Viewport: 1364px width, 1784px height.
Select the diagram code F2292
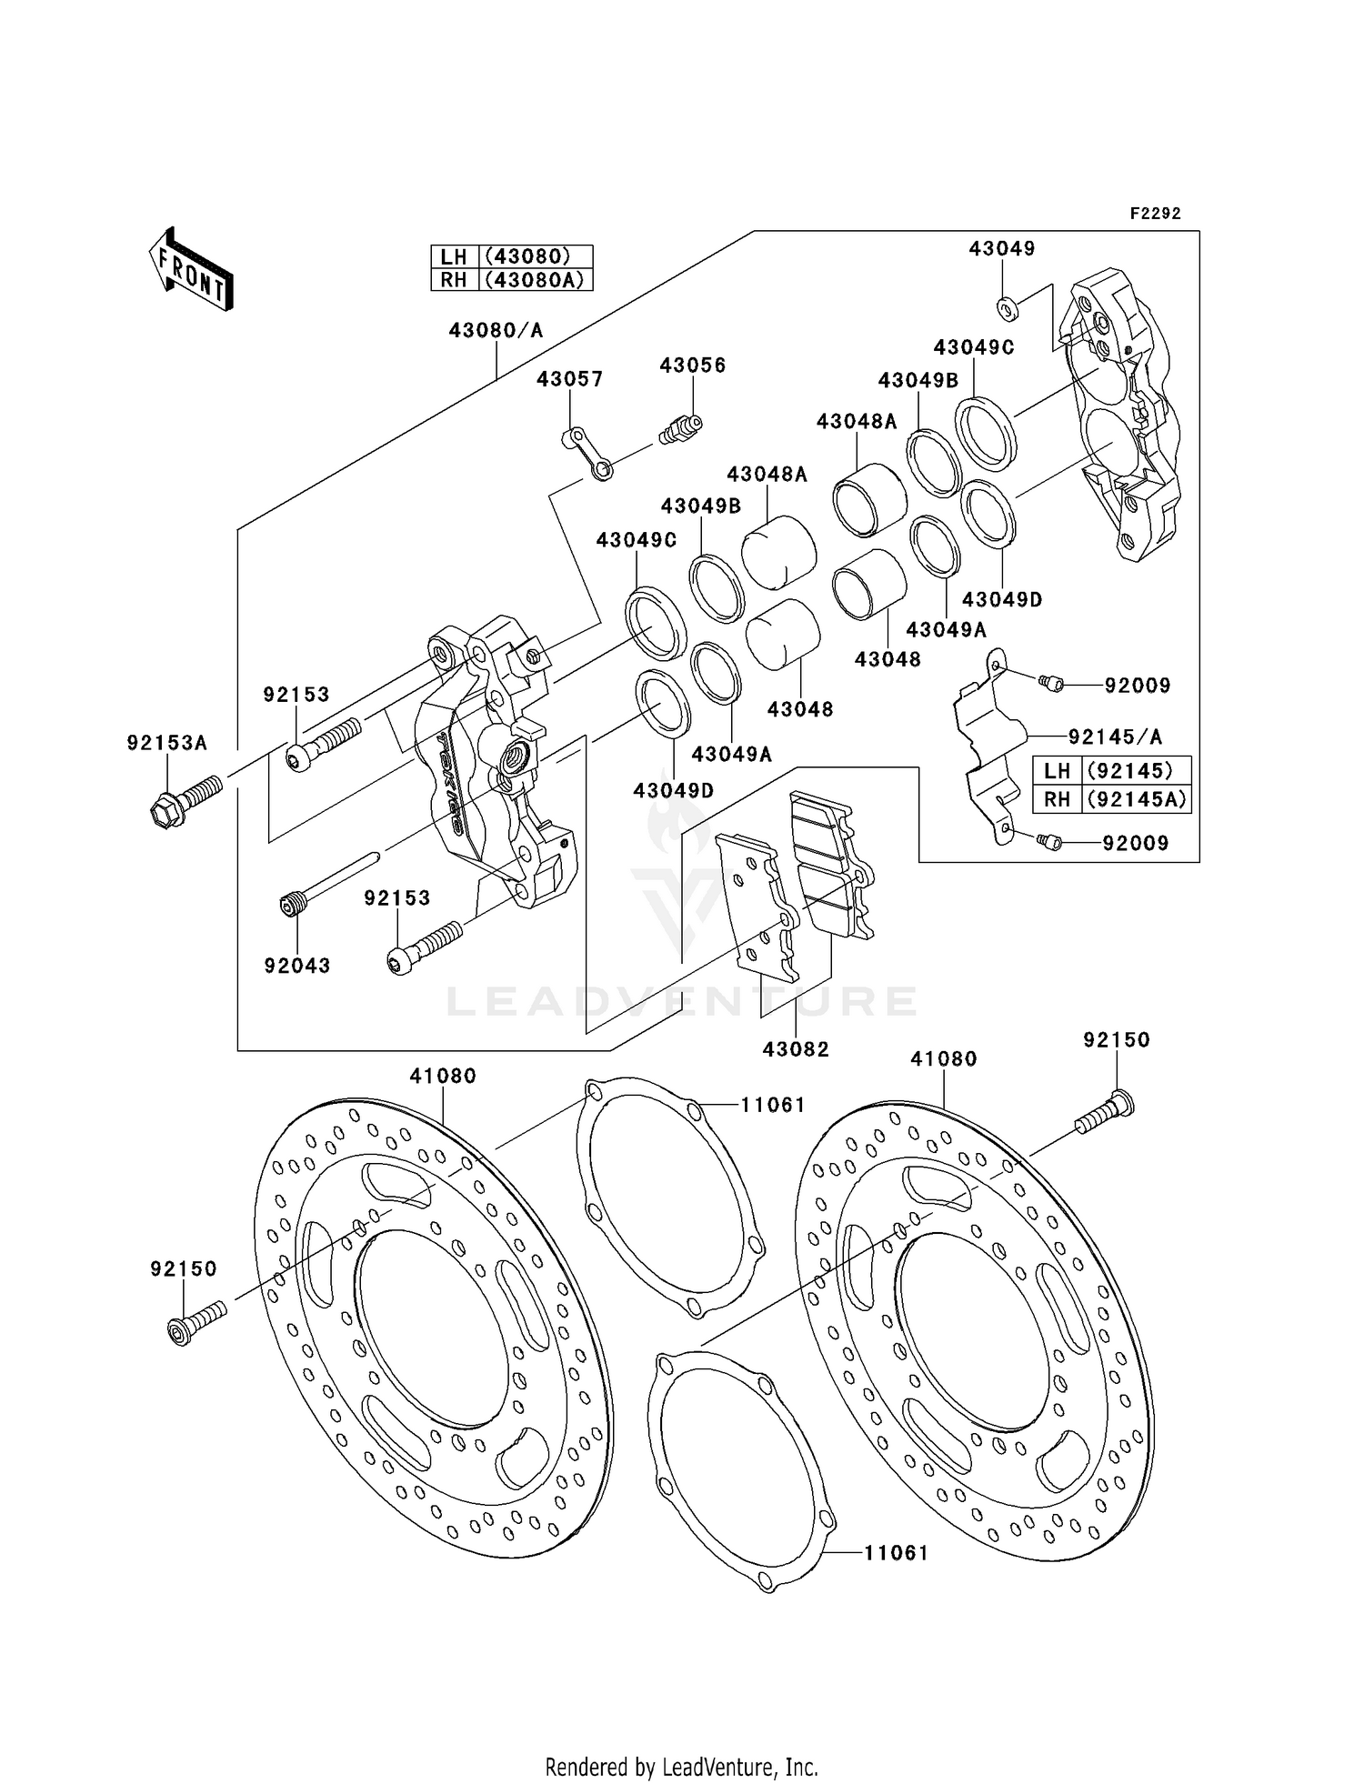point(1155,214)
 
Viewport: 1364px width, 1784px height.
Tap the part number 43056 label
point(692,366)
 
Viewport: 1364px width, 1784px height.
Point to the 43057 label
point(569,379)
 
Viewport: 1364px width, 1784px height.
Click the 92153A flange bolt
point(185,797)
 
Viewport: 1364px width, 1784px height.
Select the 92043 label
point(297,966)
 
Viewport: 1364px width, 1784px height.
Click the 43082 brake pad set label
point(796,1049)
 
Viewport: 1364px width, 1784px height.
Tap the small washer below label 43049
point(1007,310)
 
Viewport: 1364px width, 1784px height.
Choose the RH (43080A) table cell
point(512,280)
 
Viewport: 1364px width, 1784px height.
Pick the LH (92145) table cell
point(1112,771)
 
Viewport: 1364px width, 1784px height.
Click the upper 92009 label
point(1137,686)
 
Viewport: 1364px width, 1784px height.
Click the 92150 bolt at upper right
point(1105,1115)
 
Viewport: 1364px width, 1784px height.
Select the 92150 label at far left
point(184,1268)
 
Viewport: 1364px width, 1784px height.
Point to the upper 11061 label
point(772,1105)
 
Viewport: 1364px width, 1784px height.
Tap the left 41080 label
point(443,1076)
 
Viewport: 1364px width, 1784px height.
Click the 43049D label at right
point(1002,600)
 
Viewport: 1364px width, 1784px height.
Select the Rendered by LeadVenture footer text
point(681,1767)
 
